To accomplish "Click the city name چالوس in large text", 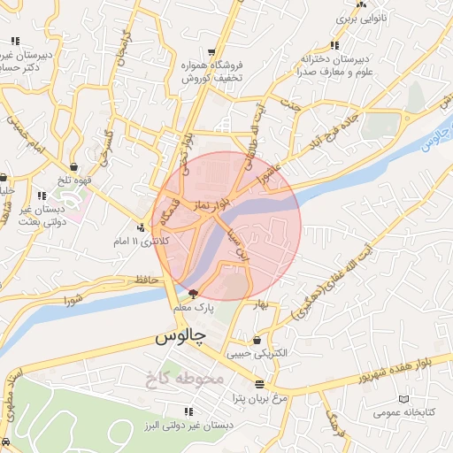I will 180,338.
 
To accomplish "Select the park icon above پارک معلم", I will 193,293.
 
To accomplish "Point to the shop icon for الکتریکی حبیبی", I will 257,341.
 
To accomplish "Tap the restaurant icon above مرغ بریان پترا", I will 259,384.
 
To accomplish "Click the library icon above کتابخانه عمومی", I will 403,399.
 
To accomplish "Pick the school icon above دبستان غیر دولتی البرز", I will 187,411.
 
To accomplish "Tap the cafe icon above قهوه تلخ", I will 73,165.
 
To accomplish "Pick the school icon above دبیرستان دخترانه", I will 334,45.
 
